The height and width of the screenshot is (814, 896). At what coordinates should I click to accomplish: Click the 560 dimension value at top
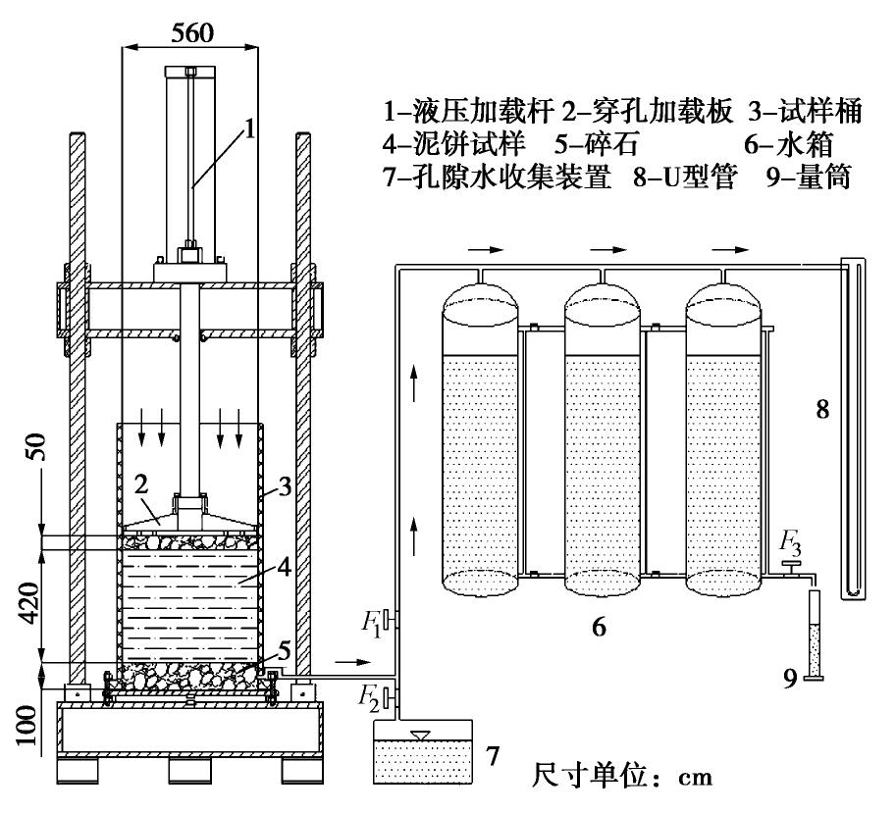pyautogui.click(x=188, y=31)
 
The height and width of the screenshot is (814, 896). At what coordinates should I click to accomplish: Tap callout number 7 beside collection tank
pyautogui.click(x=495, y=755)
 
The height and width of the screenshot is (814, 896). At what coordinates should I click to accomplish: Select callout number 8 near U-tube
pyautogui.click(x=823, y=409)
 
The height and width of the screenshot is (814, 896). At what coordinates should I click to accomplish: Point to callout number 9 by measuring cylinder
pyautogui.click(x=790, y=679)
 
